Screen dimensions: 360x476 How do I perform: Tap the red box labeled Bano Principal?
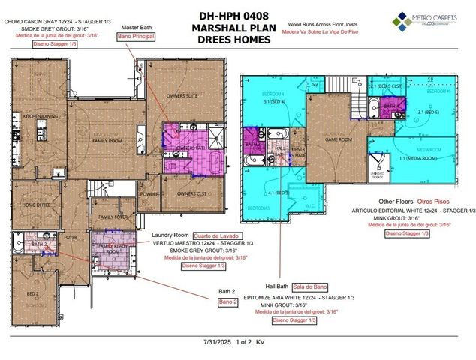click(x=139, y=36)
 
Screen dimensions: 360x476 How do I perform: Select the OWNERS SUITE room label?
click(x=182, y=95)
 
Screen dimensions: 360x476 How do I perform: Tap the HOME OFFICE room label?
click(x=36, y=205)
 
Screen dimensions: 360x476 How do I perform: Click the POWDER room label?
click(x=149, y=193)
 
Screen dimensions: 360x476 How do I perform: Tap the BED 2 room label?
click(x=32, y=293)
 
